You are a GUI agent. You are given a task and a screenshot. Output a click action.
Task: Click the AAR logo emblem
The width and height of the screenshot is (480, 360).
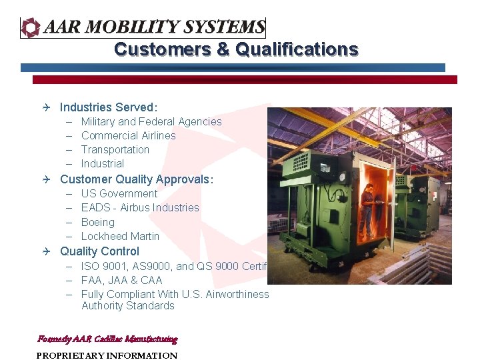click(x=31, y=27)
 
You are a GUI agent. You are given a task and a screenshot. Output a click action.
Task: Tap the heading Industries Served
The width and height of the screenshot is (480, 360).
click(x=109, y=107)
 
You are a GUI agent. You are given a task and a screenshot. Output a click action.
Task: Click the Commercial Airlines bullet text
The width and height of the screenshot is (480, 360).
click(x=128, y=136)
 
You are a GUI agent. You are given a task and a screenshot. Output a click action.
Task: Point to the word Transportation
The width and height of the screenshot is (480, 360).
click(x=115, y=150)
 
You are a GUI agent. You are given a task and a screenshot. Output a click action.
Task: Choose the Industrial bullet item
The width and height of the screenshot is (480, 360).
click(x=102, y=164)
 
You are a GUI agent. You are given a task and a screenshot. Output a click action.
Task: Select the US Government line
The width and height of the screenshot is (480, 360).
click(x=119, y=194)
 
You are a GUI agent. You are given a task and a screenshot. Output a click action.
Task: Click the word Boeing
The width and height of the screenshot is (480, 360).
click(x=97, y=223)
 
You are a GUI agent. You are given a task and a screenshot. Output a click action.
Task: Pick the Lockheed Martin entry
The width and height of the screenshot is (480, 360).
click(x=120, y=237)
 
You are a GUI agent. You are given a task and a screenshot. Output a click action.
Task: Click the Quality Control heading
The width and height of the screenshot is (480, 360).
click(x=99, y=252)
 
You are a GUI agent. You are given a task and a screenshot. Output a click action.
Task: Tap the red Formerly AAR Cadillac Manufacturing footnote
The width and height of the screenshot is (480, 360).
click(x=107, y=339)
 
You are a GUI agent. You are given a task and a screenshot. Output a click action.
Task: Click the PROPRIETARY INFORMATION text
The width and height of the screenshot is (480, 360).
click(x=107, y=356)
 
